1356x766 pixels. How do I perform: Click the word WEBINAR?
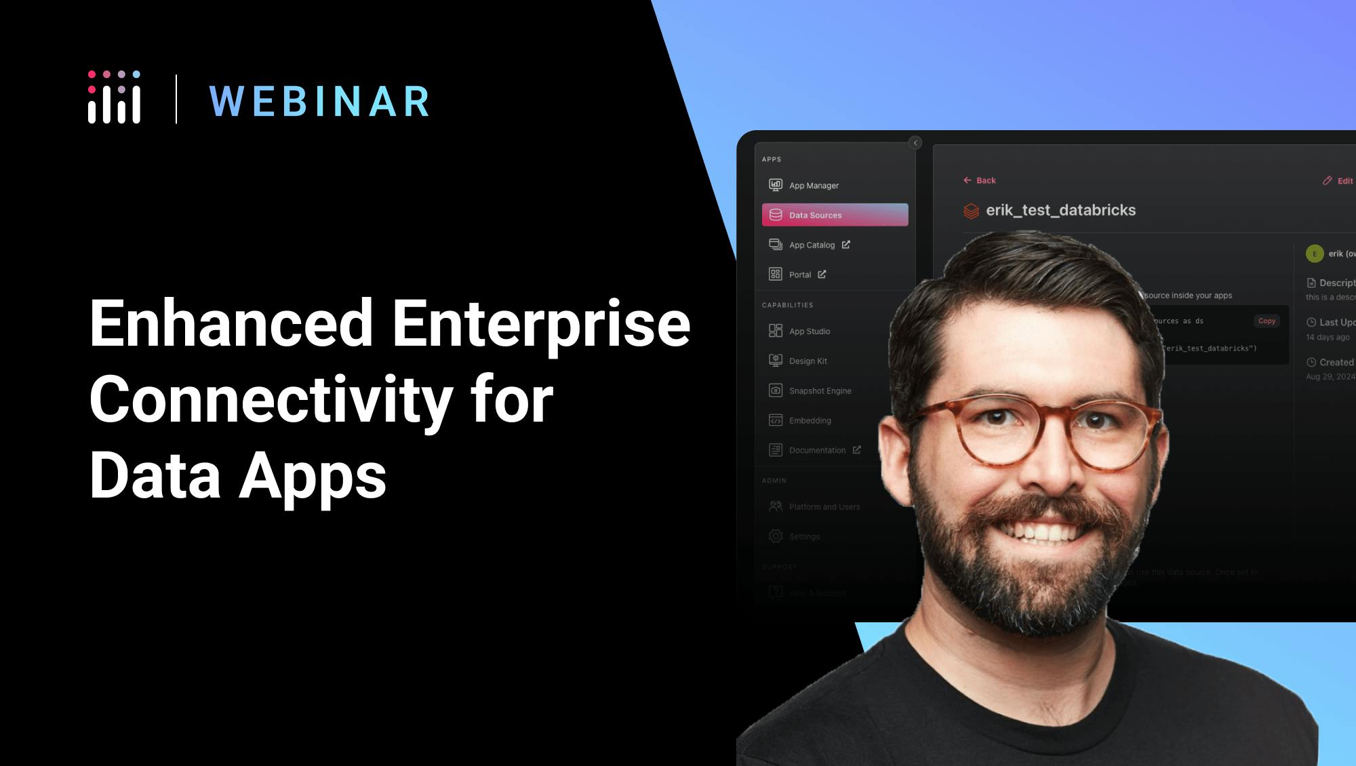tap(319, 102)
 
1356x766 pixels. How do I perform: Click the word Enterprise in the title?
tap(540, 324)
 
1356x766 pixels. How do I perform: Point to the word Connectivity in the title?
tap(271, 400)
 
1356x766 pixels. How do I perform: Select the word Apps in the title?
tap(313, 476)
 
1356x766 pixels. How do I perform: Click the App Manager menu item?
tap(813, 185)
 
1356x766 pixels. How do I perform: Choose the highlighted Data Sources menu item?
tap(835, 215)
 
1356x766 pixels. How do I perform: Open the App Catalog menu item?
tap(812, 245)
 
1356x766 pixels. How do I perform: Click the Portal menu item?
tap(799, 275)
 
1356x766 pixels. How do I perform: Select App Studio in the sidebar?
tap(809, 331)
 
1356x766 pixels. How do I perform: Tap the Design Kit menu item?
tap(807, 361)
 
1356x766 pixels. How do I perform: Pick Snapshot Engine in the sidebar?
tap(819, 391)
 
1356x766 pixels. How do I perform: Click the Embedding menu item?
tap(810, 421)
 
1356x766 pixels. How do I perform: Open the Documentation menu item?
tap(816, 450)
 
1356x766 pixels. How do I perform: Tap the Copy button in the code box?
tap(1267, 321)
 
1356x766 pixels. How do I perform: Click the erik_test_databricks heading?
tap(1060, 210)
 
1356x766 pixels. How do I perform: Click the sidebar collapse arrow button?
tap(915, 143)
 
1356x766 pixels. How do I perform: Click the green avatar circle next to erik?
tap(1314, 254)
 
